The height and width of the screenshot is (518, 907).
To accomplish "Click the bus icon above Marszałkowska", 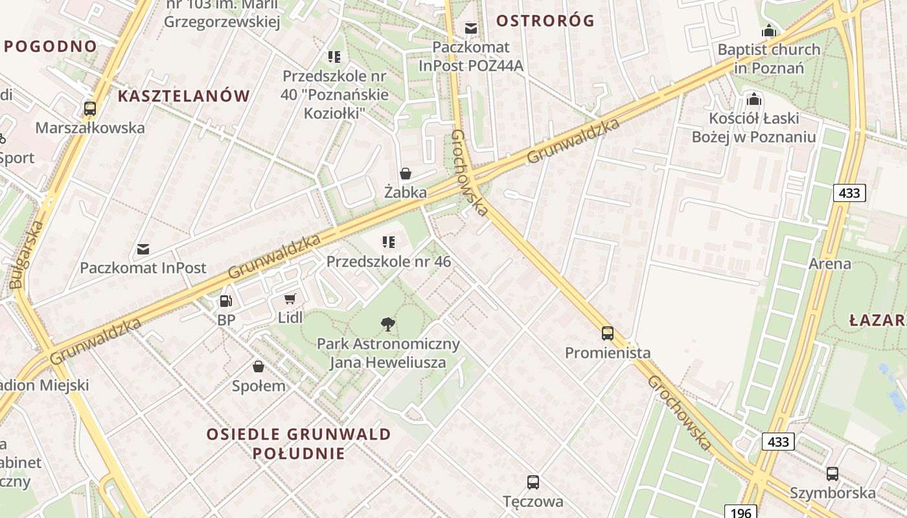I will (90, 108).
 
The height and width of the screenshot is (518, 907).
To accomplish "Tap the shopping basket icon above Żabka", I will (406, 174).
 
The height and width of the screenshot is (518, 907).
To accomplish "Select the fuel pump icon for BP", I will (225, 300).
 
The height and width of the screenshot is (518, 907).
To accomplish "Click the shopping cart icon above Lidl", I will (290, 298).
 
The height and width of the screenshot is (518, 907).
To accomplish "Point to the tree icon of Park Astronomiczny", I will (387, 324).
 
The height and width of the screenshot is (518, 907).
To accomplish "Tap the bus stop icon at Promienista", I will (607, 333).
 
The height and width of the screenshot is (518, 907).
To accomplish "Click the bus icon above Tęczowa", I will (533, 482).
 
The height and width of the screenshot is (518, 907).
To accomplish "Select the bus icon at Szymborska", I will (832, 473).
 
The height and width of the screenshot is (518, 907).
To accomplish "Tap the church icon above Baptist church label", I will (769, 30).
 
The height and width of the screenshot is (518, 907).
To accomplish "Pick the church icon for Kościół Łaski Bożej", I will (753, 99).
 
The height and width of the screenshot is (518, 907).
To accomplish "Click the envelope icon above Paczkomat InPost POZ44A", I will (471, 28).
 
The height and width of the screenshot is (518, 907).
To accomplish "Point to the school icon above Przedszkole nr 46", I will (388, 242).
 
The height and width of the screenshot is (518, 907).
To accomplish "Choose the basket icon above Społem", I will (258, 366).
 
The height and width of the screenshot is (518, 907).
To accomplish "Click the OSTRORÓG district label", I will (545, 21).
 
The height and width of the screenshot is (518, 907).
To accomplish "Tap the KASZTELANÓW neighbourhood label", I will (184, 96).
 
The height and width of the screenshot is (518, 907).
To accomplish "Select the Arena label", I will (830, 264).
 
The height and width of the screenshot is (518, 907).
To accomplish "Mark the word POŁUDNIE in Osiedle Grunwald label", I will (299, 453).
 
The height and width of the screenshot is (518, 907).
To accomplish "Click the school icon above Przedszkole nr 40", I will (334, 57).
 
